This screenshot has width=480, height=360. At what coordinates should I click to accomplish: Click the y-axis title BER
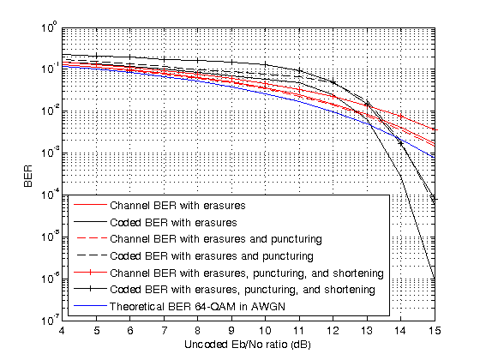point(26,176)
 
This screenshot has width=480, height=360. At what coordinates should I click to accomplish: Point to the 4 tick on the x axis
point(63,330)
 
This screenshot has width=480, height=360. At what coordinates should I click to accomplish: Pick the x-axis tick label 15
point(435,330)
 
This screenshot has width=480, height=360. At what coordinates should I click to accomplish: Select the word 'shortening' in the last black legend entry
point(350,290)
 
